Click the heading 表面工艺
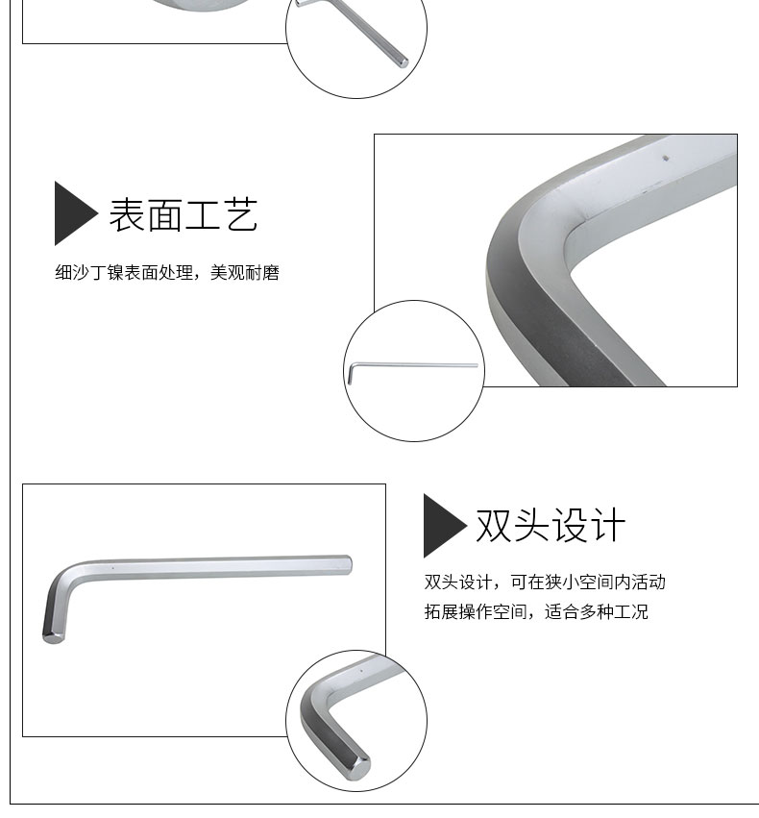tap(183, 214)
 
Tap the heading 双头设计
tap(550, 525)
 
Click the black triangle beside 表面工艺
tap(76, 212)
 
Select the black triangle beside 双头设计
tap(445, 526)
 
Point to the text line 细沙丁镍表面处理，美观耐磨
tap(167, 272)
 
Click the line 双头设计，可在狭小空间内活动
tap(545, 582)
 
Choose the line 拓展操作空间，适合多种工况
tap(536, 611)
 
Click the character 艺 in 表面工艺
tap(241, 214)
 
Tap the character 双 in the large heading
tap(493, 525)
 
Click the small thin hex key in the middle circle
tap(412, 365)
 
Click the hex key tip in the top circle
tap(403, 62)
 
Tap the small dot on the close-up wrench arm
tap(665, 158)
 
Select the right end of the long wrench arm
tap(347, 565)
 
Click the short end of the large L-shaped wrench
tap(53, 636)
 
